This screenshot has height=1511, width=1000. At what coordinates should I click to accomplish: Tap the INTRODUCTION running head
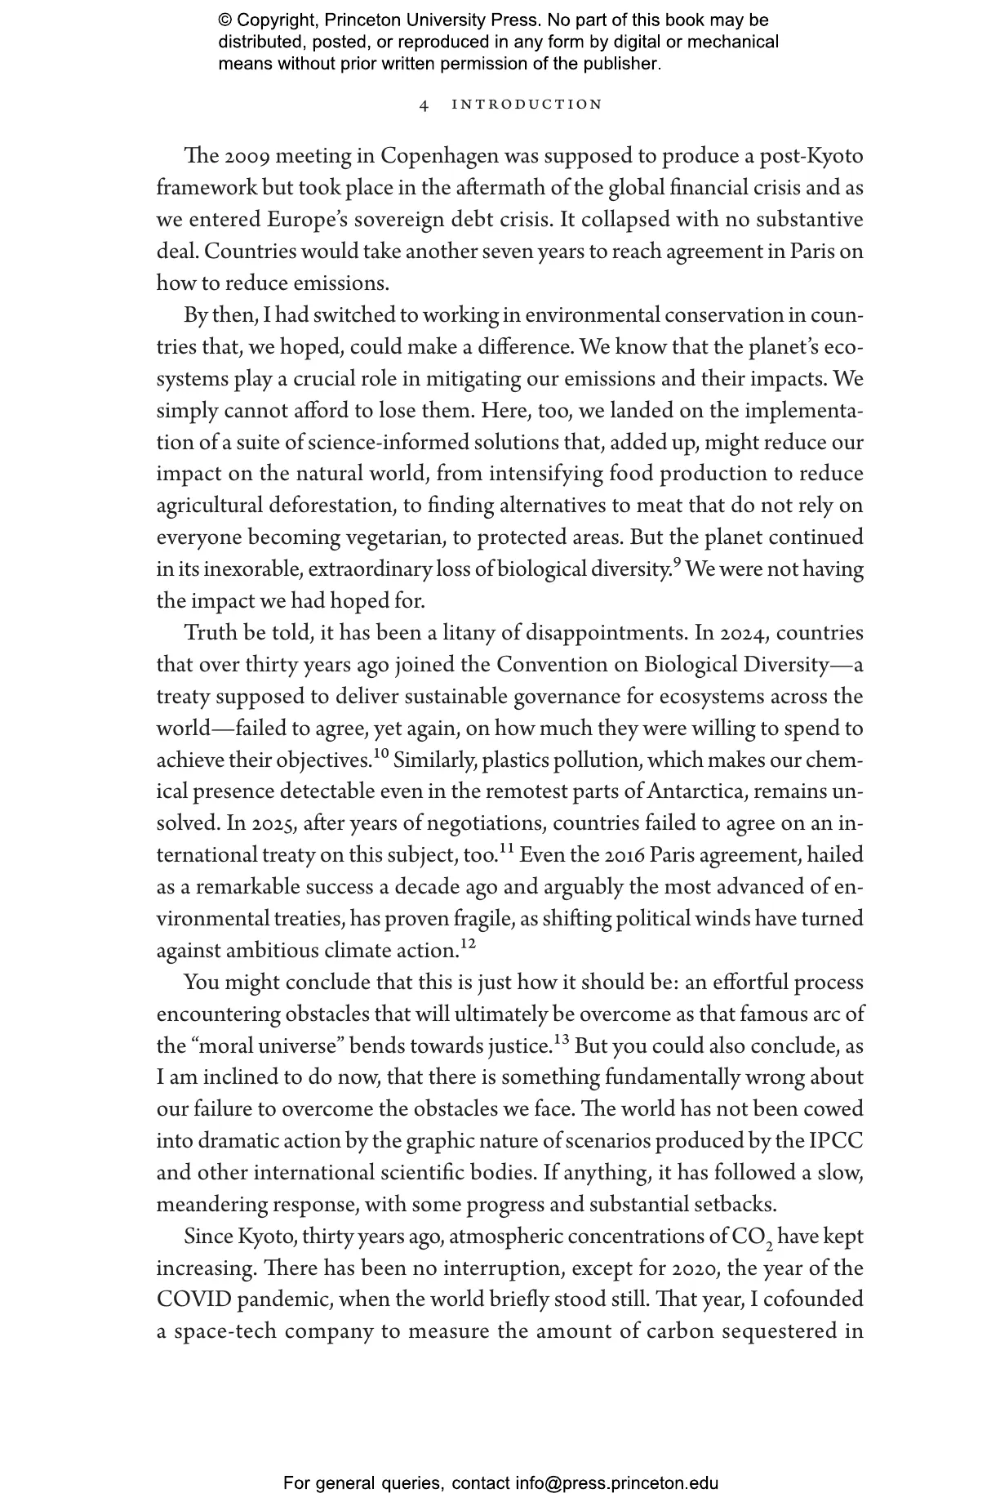[527, 105]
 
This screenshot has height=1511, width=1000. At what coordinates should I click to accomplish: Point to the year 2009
[242, 156]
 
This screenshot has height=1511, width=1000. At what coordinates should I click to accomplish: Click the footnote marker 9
[676, 563]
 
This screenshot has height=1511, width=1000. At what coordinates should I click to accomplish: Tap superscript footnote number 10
[382, 753]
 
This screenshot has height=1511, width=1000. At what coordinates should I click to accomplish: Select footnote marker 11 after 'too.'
[506, 849]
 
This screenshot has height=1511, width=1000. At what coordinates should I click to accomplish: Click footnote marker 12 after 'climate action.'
[468, 944]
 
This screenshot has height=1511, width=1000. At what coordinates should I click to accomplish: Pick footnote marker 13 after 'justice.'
[562, 1040]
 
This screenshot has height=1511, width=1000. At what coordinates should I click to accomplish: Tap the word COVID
[190, 1300]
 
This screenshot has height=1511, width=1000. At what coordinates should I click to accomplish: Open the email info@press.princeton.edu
[617, 1483]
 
